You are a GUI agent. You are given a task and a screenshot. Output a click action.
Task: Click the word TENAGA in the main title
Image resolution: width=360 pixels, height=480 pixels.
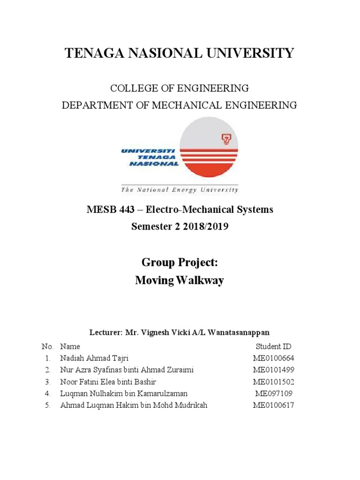97,53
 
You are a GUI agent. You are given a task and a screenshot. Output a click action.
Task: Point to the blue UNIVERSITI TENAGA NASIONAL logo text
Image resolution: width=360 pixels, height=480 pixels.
150,157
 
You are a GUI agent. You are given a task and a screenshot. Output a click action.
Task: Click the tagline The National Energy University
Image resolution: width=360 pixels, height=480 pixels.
180,190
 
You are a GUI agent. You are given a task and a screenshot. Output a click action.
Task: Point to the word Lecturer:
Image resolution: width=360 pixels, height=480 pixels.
105,332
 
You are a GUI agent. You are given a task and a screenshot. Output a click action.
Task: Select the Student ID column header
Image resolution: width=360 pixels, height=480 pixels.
273,346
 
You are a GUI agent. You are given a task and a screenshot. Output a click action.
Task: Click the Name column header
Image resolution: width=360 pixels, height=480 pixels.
70,346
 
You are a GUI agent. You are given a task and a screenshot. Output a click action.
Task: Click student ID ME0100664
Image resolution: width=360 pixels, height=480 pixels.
273,358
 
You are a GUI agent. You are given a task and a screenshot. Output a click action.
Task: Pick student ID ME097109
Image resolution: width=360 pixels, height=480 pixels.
273,393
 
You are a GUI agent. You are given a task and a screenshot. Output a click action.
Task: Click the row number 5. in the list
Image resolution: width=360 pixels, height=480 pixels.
47,405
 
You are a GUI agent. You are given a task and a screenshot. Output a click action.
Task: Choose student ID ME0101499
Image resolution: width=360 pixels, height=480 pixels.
273,370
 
